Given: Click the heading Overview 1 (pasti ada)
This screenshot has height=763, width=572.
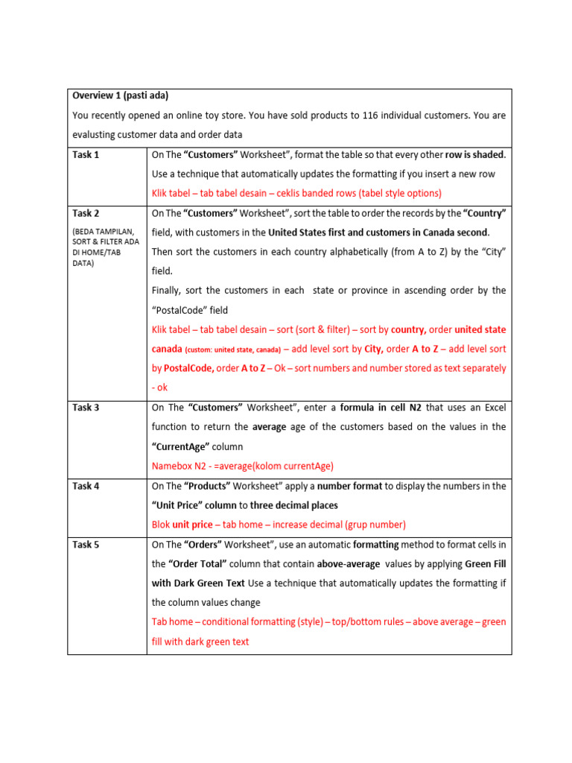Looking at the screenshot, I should coord(120,95).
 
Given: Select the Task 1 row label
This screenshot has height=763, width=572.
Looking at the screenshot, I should coord(86,154).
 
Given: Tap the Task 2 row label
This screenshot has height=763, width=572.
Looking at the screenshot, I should coord(86,213).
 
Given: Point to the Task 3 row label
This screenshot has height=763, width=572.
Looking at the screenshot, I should coord(86,408).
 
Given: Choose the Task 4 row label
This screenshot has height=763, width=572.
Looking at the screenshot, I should coord(86,486).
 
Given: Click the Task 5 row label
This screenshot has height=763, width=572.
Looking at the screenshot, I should coord(86,545).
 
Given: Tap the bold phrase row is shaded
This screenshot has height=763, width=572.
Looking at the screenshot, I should coord(474,155).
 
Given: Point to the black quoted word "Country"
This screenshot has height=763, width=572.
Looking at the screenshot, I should coord(484,213).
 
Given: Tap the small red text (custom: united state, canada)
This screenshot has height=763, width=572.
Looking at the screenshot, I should coord(232,349).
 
